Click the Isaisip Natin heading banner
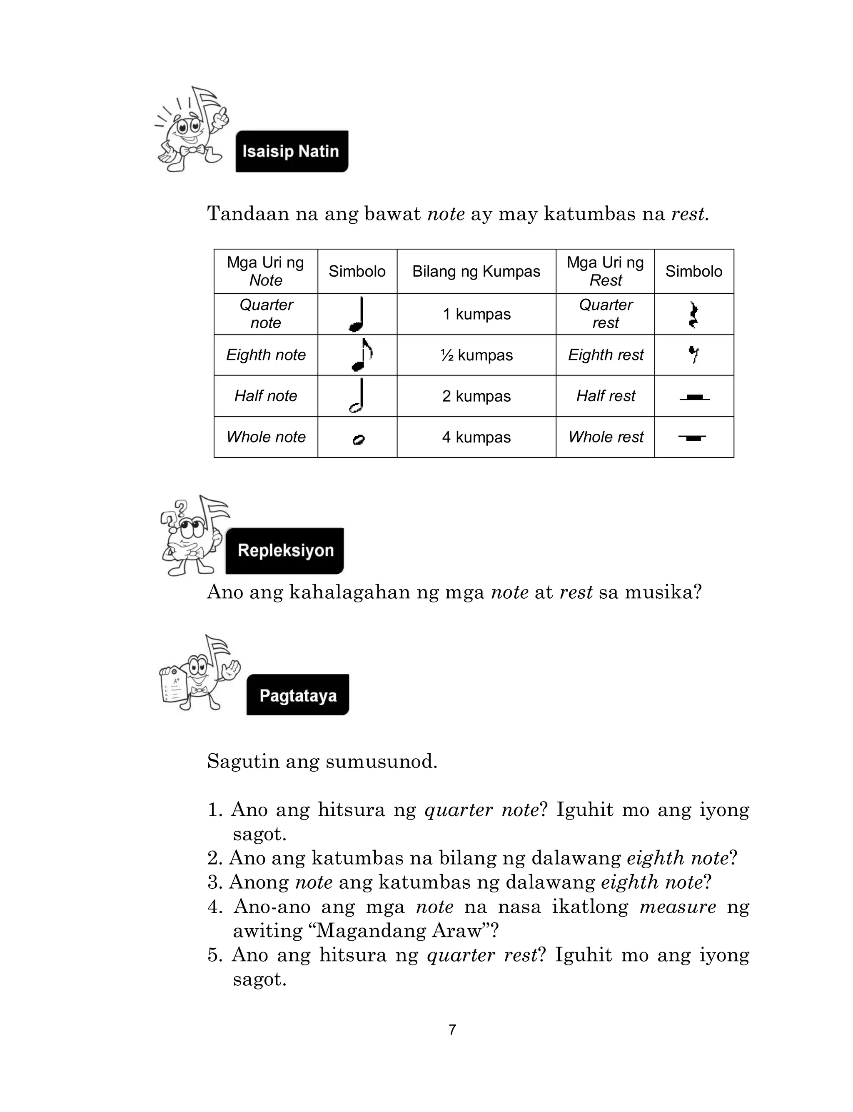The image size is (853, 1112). pyautogui.click(x=292, y=151)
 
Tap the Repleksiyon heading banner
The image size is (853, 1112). pyautogui.click(x=285, y=550)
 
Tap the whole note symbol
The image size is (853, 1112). pyautogui.click(x=358, y=440)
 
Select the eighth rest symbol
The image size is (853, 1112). pyautogui.click(x=693, y=354)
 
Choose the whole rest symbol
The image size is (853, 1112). pyautogui.click(x=693, y=437)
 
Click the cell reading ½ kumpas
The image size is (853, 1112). pyautogui.click(x=476, y=355)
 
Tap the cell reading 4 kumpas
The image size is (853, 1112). pyautogui.click(x=476, y=437)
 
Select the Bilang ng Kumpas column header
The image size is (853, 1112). pyautogui.click(x=476, y=271)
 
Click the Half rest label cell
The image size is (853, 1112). pyautogui.click(x=605, y=396)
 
